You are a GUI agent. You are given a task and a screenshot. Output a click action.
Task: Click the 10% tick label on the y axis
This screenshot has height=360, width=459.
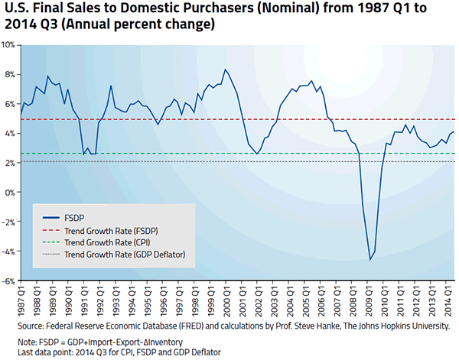coord(9,45)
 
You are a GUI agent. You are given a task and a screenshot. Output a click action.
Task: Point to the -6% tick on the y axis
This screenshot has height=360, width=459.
coord(8,281)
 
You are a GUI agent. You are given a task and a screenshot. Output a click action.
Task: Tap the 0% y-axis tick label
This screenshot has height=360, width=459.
coord(11,193)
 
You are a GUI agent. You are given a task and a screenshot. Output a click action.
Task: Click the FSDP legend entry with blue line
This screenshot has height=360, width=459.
coord(74,216)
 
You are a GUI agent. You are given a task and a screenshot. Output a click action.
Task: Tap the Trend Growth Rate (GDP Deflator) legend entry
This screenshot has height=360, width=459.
coord(125,253)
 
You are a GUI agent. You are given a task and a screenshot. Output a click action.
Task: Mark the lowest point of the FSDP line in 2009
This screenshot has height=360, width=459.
coord(370,260)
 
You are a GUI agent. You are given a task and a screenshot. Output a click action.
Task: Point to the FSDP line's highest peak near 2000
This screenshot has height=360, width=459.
coord(225,70)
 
